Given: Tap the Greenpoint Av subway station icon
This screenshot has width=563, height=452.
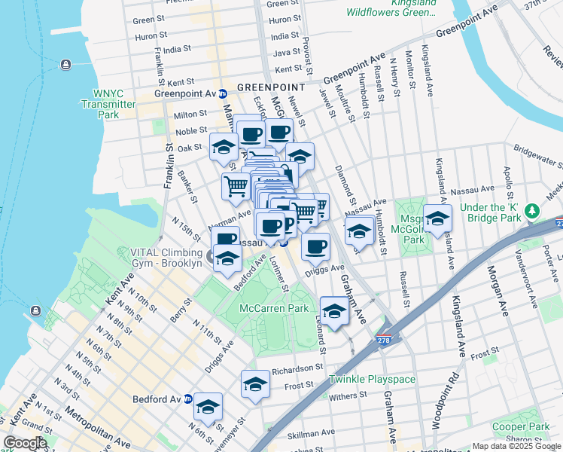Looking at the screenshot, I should click(x=223, y=93).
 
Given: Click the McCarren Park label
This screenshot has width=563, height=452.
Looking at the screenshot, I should click(x=274, y=309).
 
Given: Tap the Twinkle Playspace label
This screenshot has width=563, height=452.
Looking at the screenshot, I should click(x=372, y=379).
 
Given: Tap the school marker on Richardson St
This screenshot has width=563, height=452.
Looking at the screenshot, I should click(x=255, y=383).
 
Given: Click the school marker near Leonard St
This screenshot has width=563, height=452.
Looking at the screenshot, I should click(x=334, y=310).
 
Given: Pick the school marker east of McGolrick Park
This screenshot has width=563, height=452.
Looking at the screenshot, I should click(x=437, y=219).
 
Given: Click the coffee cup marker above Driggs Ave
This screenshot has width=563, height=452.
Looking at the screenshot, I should click(x=316, y=246).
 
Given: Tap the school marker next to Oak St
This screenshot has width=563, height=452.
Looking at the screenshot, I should click(x=223, y=148).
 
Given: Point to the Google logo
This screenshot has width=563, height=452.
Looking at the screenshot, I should click(x=25, y=443).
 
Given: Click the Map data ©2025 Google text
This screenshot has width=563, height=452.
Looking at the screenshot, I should click(x=516, y=446).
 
